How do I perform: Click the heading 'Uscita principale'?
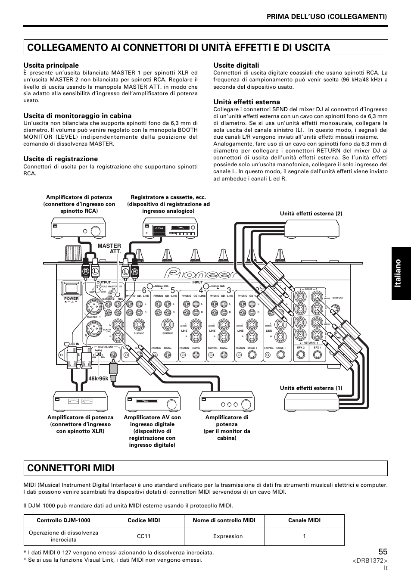(51, 65)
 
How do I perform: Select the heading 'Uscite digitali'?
(236, 65)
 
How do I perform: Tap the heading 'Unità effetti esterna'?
(246, 102)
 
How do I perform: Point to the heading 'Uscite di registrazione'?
(60, 159)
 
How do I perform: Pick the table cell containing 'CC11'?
(144, 536)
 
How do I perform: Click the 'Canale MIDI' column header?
(304, 520)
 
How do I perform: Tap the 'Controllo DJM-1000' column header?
(63, 520)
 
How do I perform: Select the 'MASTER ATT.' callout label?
(112, 249)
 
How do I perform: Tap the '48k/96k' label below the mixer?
(99, 379)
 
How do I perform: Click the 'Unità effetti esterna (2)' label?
(311, 214)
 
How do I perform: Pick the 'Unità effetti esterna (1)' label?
(311, 388)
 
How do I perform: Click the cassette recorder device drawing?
(170, 228)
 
